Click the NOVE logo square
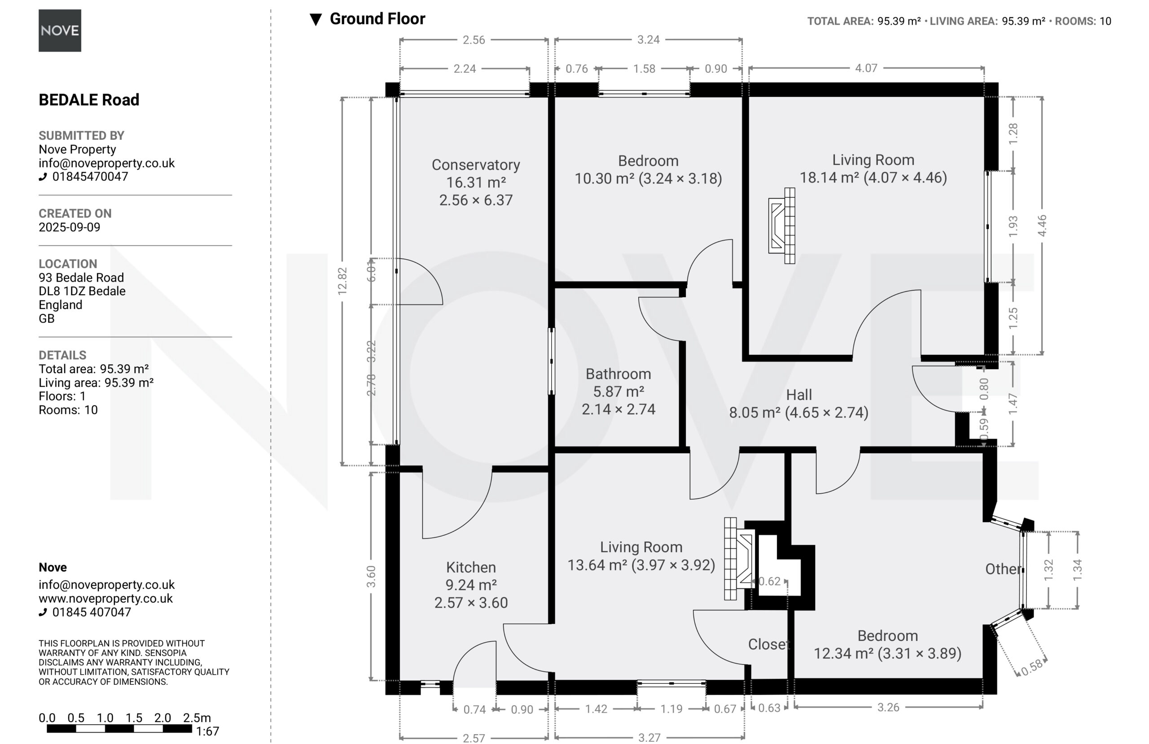click(60, 30)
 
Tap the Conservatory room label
click(475, 165)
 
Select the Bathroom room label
click(618, 374)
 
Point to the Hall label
click(799, 395)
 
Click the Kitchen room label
click(471, 567)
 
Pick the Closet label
click(768, 644)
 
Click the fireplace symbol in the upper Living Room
click(781, 225)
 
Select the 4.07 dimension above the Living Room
click(866, 68)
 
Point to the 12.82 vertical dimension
click(342, 281)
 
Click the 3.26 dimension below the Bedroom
click(888, 707)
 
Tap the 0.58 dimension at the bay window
click(1032, 667)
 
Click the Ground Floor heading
click(377, 19)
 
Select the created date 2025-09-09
click(70, 227)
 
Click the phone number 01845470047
click(90, 177)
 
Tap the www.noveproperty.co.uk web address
click(106, 598)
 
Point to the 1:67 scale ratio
click(208, 731)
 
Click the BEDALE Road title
click(89, 100)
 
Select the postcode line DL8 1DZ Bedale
click(82, 291)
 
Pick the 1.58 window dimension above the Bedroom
click(644, 69)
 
